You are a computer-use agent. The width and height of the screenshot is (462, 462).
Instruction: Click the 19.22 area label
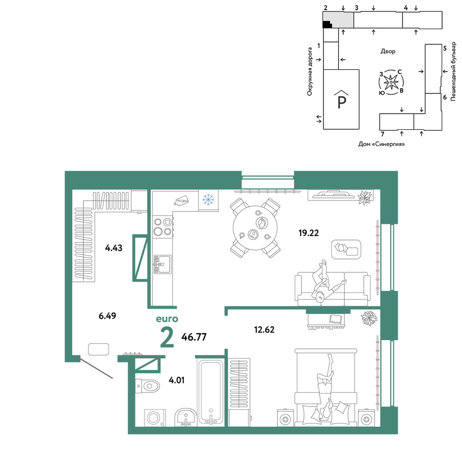[309, 233]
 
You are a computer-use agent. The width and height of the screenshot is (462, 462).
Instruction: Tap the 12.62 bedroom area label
[264, 329]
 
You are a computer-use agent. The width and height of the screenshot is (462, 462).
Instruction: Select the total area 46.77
[194, 337]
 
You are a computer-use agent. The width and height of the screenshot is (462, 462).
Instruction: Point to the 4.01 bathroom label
[176, 380]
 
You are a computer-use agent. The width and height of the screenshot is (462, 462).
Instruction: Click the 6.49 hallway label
[107, 316]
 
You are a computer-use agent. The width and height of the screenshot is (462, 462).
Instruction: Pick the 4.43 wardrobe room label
[114, 248]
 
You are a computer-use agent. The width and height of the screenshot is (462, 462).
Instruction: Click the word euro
[167, 319]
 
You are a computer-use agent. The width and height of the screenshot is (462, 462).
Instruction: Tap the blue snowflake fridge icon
[208, 200]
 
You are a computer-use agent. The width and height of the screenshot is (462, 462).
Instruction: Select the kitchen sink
[162, 264]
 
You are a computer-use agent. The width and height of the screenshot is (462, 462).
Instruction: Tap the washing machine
[155, 418]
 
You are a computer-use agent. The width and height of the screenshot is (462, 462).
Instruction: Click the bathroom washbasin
[185, 418]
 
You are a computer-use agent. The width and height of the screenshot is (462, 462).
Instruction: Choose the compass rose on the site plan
[391, 82]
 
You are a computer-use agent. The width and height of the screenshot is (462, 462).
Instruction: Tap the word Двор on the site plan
[388, 51]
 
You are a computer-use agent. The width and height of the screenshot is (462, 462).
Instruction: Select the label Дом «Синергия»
[382, 144]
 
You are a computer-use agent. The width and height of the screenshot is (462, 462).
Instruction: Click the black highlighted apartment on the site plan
[327, 24]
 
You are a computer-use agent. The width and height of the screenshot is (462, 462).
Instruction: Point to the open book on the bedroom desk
[336, 318]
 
